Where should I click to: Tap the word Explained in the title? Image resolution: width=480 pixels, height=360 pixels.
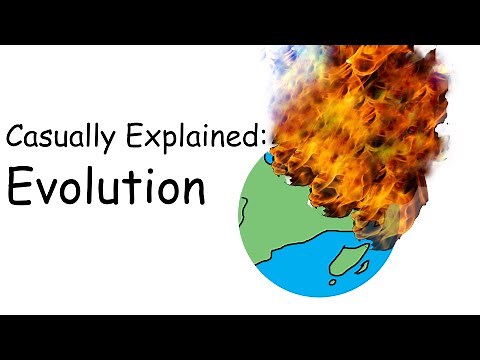(185, 137)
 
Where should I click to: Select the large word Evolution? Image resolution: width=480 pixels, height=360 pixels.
(105, 185)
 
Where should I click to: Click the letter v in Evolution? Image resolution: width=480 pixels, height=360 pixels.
(49, 189)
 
